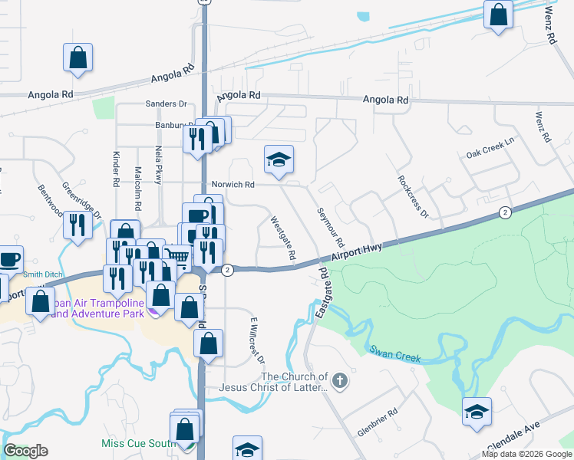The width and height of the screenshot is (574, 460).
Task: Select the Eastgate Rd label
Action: [x=322, y=294]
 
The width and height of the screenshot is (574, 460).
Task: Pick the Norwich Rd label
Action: [x=233, y=185]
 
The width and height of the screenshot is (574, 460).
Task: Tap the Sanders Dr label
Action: [x=167, y=103]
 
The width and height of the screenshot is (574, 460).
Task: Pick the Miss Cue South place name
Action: [x=135, y=444]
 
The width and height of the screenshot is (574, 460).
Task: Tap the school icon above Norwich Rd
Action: [x=279, y=160]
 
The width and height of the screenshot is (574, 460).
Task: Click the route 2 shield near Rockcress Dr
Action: [x=504, y=212]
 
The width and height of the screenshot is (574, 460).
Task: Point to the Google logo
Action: [x=25, y=451]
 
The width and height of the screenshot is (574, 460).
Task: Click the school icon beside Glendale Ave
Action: [x=477, y=412]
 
